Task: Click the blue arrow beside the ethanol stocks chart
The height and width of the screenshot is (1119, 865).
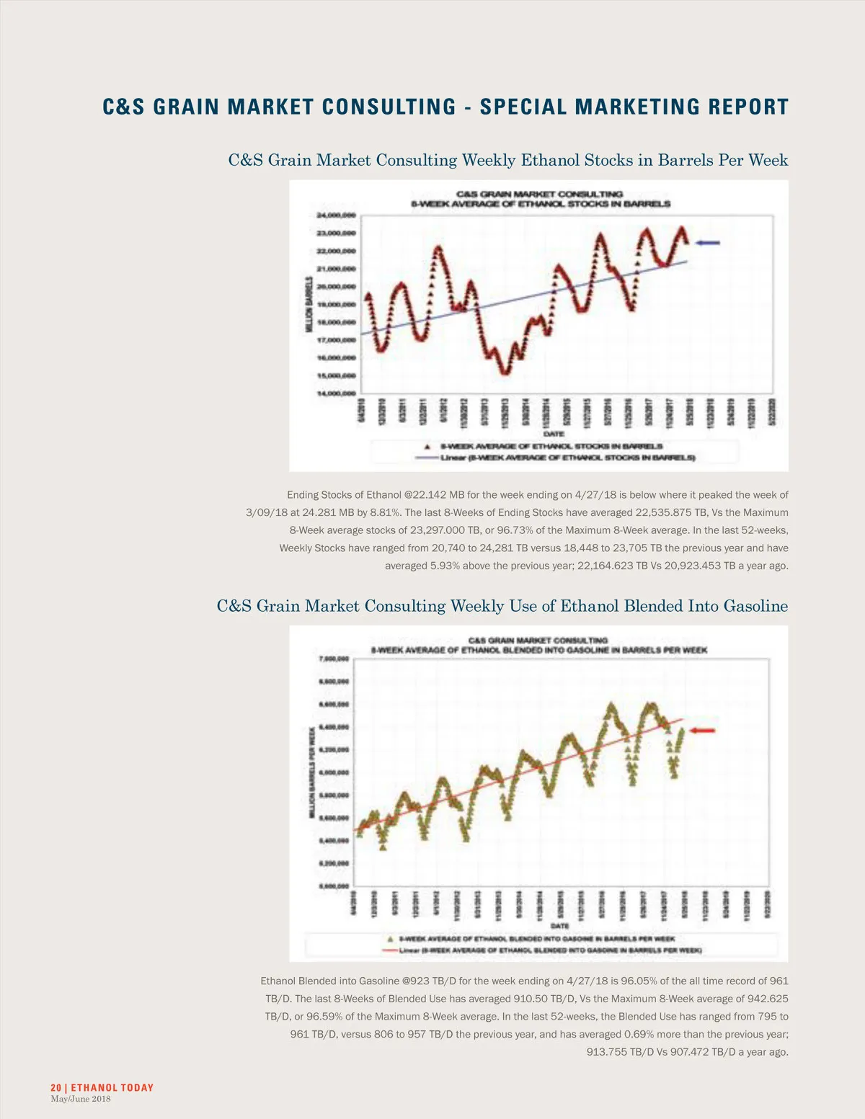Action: coord(708,243)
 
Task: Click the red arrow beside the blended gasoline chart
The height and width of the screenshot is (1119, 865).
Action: coord(702,731)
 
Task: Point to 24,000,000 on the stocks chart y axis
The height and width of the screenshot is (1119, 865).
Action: coord(336,215)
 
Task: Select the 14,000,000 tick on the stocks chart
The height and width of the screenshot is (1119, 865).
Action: coord(336,393)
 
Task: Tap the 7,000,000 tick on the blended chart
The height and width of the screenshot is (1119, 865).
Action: coord(334,659)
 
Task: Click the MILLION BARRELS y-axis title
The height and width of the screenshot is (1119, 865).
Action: coord(309,304)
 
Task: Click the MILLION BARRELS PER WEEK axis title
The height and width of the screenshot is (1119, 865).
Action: coord(311,772)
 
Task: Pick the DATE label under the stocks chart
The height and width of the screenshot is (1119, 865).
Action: coord(554,434)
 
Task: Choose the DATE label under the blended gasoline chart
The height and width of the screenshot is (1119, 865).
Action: coord(559,926)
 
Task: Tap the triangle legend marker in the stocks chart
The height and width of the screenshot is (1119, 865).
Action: coord(430,446)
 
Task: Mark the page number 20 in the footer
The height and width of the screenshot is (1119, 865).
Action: coord(56,1087)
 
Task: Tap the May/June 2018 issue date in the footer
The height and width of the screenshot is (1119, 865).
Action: coord(81,1099)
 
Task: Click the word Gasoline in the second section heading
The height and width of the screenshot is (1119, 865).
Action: coord(756,606)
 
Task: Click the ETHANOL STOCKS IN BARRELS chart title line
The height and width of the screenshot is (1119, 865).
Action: coord(541,204)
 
